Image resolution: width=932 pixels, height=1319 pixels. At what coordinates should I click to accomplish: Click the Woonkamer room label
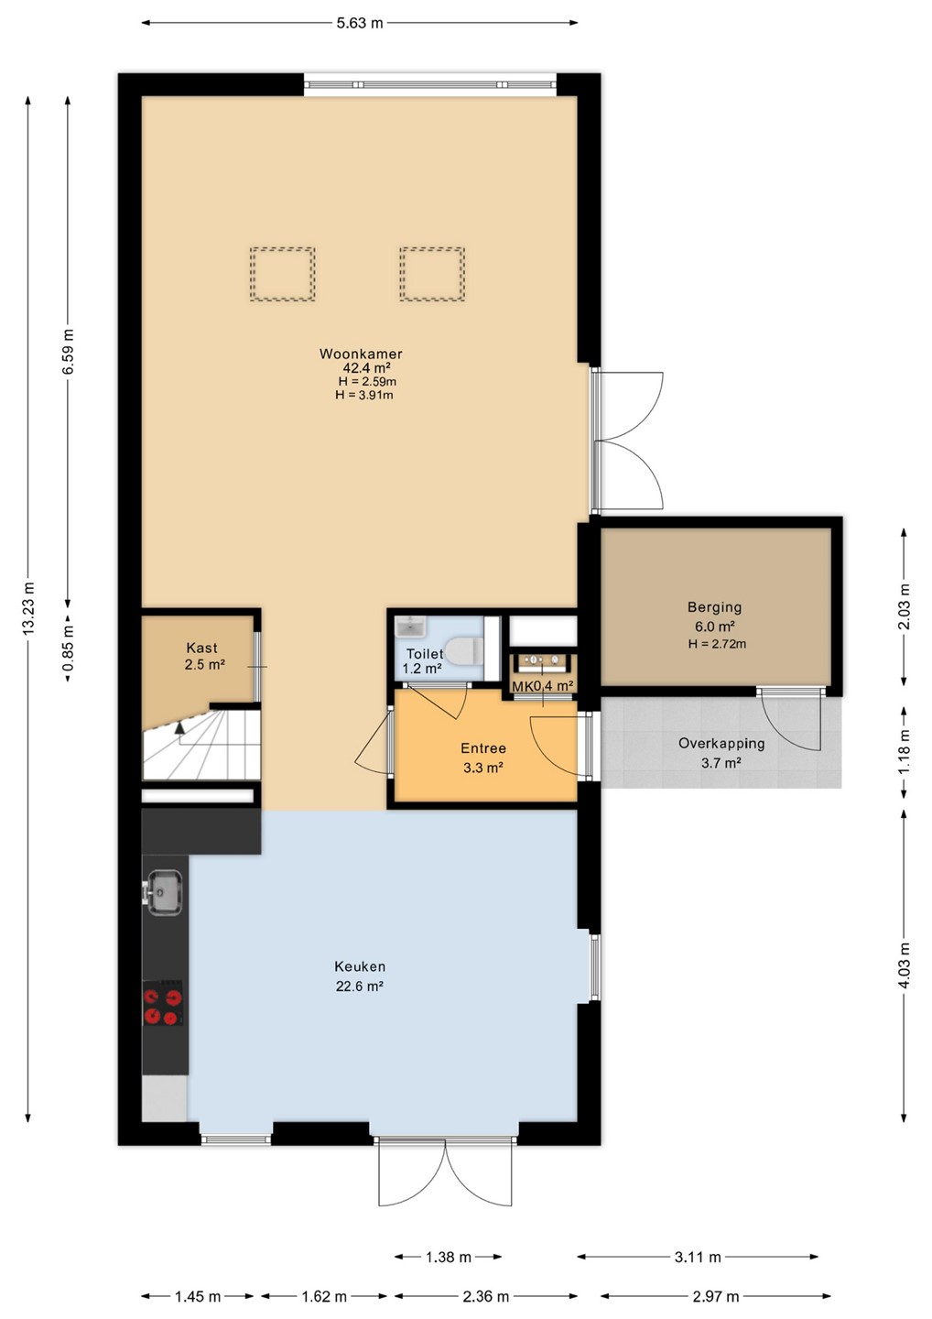(x=361, y=354)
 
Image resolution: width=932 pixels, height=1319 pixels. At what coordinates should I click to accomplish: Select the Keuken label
(x=360, y=966)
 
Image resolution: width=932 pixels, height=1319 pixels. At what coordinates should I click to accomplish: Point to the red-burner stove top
(x=163, y=1003)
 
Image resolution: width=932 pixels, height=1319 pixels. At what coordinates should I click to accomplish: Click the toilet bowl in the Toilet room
(x=463, y=650)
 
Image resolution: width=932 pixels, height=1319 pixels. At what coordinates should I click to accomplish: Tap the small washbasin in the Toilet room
(x=411, y=627)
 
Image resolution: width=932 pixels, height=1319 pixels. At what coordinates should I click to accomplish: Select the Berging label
(x=714, y=607)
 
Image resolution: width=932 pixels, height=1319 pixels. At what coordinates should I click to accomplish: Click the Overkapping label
(x=721, y=744)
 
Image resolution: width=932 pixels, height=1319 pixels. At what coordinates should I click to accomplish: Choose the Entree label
(x=483, y=748)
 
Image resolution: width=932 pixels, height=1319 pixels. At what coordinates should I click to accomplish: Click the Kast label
(x=201, y=648)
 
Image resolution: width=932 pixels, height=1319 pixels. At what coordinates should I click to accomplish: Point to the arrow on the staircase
(x=179, y=727)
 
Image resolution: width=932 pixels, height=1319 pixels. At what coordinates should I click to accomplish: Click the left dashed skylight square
(x=282, y=275)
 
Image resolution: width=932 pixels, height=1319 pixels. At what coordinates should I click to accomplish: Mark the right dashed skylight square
(x=432, y=275)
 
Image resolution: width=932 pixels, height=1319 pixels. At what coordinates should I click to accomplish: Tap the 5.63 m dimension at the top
(x=360, y=23)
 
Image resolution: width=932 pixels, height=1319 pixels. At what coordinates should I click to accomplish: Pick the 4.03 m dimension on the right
(x=905, y=965)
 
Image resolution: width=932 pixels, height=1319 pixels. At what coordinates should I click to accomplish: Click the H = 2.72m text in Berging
(x=717, y=644)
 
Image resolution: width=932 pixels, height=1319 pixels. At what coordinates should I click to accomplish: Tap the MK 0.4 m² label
(x=543, y=686)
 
